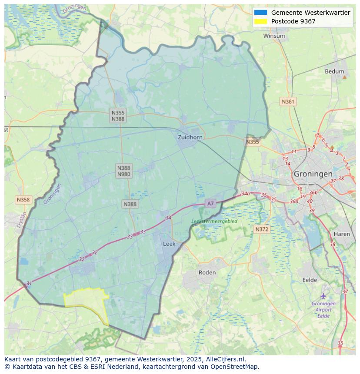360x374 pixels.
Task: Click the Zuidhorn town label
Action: point(190,137)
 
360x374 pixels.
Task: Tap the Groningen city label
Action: point(313,174)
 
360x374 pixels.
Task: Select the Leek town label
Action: point(169,244)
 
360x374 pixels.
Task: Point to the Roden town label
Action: point(207,273)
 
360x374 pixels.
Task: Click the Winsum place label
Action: point(274,36)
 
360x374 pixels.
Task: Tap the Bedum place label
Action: point(334,72)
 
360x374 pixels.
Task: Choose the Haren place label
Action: point(342,234)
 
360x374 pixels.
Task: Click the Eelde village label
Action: point(310,280)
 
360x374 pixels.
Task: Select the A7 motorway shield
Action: point(210,203)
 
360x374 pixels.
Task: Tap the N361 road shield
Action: point(288,102)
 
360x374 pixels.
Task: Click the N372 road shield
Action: point(262,229)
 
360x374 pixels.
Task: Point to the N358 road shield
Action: point(23,200)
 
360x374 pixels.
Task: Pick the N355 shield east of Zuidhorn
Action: point(252,142)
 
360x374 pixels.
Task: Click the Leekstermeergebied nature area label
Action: point(214,222)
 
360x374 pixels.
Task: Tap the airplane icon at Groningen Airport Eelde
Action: point(323,296)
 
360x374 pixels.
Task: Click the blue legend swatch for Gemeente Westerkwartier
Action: point(261,13)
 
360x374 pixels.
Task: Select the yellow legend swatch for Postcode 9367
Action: point(261,21)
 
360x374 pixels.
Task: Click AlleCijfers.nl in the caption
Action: point(226,359)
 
